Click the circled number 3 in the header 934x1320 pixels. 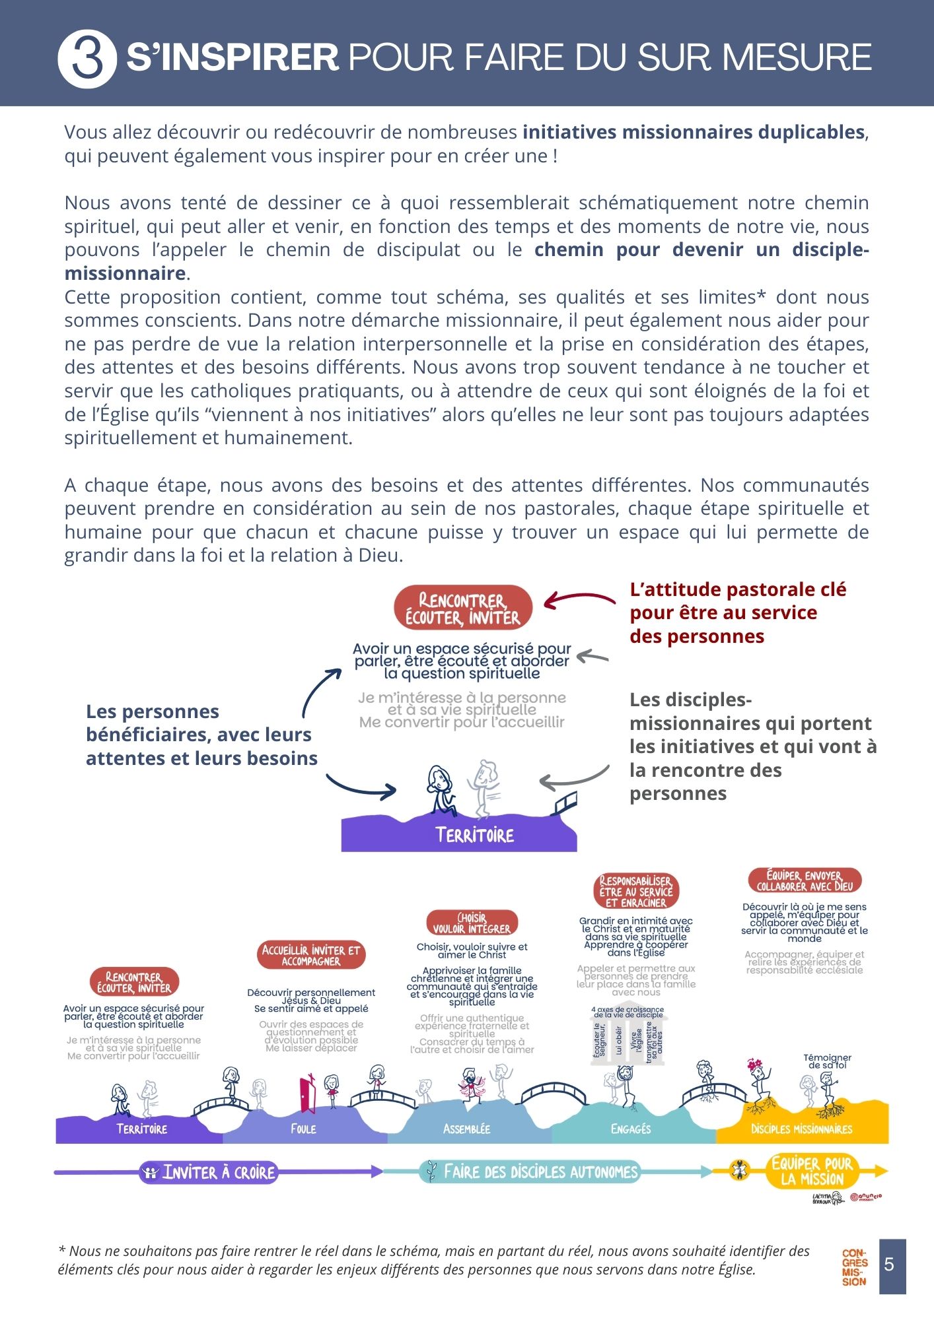(x=87, y=58)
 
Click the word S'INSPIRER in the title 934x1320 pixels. (x=233, y=57)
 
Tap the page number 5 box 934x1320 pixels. (x=892, y=1265)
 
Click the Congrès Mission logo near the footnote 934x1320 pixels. (x=854, y=1267)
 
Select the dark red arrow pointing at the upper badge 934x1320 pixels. (x=579, y=599)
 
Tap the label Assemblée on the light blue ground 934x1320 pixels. (x=466, y=1129)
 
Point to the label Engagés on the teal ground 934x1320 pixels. (x=631, y=1129)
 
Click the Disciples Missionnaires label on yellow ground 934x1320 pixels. (x=801, y=1129)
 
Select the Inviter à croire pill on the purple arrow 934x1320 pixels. (x=209, y=1172)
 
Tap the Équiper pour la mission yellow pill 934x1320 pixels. (x=811, y=1171)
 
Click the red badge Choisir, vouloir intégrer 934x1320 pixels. (x=472, y=923)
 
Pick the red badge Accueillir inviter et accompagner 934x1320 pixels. (x=311, y=955)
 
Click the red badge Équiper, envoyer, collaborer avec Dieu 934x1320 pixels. (x=805, y=880)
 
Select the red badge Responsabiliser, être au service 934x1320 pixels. (x=636, y=891)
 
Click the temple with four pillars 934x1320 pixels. (x=628, y=1037)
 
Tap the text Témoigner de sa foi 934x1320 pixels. (x=827, y=1061)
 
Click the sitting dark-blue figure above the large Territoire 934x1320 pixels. (x=441, y=790)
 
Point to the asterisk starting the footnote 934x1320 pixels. (x=62, y=1250)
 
